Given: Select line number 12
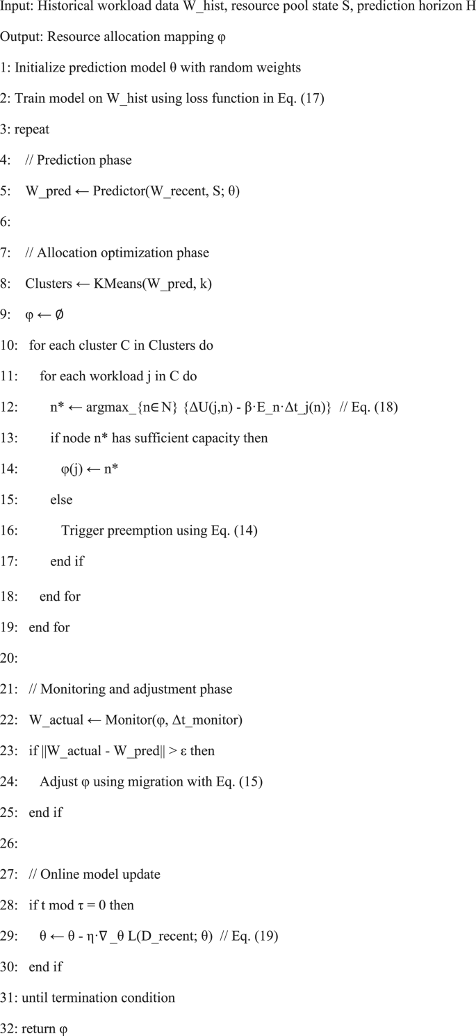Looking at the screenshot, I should (7, 408).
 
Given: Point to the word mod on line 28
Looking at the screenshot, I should (60, 905).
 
